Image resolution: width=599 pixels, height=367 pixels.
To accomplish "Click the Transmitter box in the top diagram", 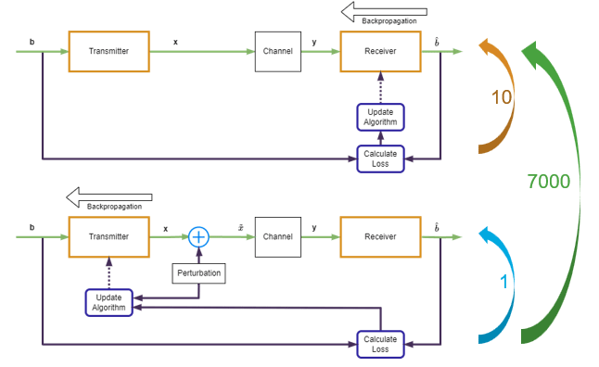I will click(x=108, y=51).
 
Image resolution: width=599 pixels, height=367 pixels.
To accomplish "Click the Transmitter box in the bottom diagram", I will click(x=108, y=236).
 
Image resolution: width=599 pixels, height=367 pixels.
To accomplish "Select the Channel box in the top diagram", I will click(x=277, y=51).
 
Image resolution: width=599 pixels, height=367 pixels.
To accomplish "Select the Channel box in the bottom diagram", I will click(x=277, y=236).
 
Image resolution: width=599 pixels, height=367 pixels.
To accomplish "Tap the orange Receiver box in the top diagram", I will click(x=380, y=51).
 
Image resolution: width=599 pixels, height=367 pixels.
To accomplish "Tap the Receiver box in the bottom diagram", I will click(x=380, y=236).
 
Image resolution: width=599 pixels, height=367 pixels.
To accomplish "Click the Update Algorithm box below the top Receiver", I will click(x=380, y=118).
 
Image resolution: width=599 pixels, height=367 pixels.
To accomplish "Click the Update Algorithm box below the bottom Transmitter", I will click(x=108, y=302).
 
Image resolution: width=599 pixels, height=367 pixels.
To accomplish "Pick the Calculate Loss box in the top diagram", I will click(x=380, y=158).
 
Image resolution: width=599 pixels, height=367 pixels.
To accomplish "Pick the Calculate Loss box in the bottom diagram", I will click(x=380, y=343).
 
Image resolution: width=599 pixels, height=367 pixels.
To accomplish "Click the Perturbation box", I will click(x=198, y=274).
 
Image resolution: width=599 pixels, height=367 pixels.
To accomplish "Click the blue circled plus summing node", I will click(x=198, y=236).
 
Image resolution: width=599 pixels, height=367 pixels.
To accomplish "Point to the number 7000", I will click(x=548, y=183).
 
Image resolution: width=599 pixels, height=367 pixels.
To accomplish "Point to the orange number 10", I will click(x=501, y=97).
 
